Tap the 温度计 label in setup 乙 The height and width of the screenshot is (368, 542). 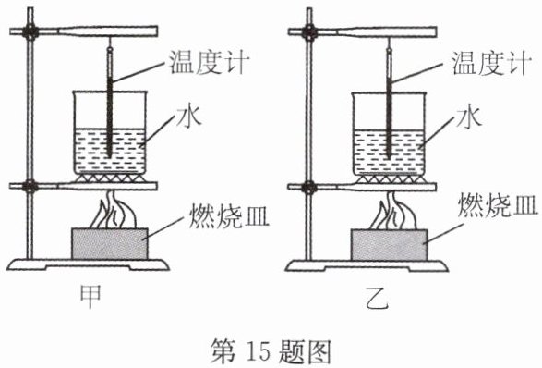tap(491, 63)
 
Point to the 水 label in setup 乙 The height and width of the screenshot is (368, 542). tap(469, 117)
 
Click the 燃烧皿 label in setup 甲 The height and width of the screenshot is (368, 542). tap(229, 215)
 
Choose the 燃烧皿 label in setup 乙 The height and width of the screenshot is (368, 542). tap(498, 205)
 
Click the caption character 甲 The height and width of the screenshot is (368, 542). tap(90, 297)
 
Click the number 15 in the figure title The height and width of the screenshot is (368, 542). tap(258, 351)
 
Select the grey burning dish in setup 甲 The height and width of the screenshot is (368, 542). tap(110, 244)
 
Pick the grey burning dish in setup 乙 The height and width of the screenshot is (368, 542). tap(389, 244)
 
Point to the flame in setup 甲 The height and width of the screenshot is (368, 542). tap(112, 210)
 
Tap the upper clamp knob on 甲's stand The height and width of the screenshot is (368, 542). tap(30, 32)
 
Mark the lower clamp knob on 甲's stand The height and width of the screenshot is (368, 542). tap(30, 186)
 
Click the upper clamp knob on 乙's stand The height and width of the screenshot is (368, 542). tap(309, 32)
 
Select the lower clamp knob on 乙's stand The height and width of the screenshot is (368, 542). tap(309, 188)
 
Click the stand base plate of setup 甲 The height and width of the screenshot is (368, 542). tap(88, 264)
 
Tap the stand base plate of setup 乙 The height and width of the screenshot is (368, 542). tap(367, 265)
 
